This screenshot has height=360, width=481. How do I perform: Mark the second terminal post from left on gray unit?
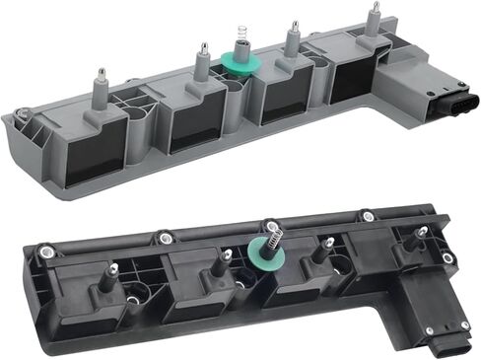pyautogui.click(x=203, y=61)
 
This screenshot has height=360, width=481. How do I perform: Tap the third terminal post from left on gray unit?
pyautogui.click(x=292, y=40)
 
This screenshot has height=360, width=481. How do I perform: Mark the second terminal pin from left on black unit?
pyautogui.click(x=226, y=257)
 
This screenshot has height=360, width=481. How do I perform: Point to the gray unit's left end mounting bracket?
pyautogui.click(x=30, y=137)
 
